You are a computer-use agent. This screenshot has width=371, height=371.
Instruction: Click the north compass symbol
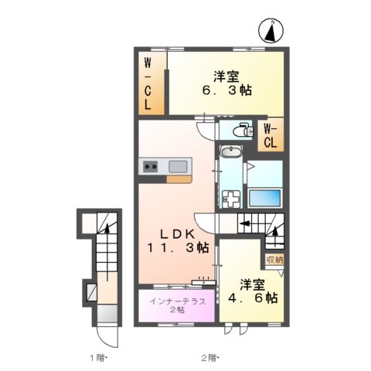click(271, 32)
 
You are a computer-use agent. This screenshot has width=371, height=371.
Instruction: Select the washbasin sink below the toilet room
click(230, 152)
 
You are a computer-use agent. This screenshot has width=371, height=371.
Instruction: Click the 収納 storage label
click(274, 260)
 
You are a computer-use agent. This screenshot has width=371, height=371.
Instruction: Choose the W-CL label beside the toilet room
click(271, 135)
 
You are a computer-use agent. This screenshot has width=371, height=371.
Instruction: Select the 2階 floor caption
click(209, 357)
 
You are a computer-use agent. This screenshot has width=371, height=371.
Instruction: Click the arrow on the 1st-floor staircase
click(107, 230)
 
